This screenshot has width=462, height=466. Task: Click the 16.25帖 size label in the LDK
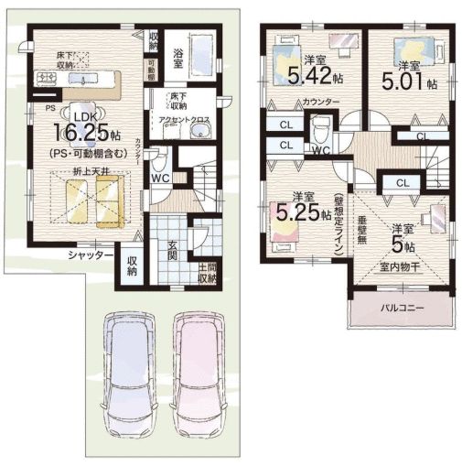(83, 129)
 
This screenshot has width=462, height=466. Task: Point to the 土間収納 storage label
(209, 271)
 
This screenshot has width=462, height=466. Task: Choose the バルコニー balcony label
(403, 309)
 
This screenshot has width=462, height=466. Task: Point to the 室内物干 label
(399, 268)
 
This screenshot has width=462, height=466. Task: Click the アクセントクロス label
(187, 119)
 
